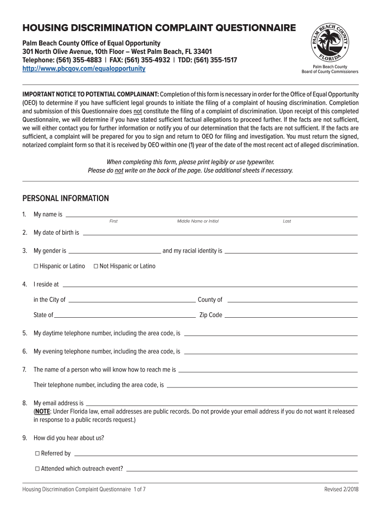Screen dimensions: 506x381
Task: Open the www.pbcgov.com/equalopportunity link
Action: tap(84, 69)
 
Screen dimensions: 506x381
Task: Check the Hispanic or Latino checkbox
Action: tap(36, 266)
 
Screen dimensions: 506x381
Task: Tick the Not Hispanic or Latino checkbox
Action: tap(95, 266)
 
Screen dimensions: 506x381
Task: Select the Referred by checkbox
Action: tap(38, 454)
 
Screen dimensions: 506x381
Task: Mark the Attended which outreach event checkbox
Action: tap(38, 469)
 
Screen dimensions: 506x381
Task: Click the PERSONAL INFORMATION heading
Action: tap(66, 198)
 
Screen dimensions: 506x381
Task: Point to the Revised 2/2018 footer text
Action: tap(341, 489)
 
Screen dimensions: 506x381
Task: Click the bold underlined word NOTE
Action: tap(43, 411)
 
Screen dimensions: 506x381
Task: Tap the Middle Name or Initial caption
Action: tap(198, 221)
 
